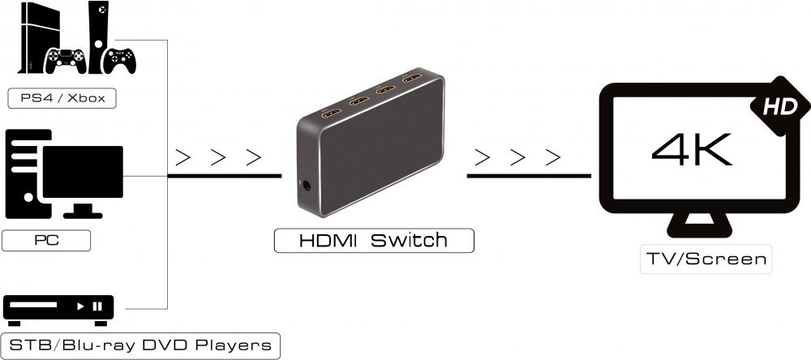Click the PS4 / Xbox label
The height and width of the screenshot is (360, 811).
coord(62,98)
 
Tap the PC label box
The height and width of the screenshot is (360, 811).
coord(46,241)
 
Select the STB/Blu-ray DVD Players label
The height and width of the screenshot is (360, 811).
coord(140,345)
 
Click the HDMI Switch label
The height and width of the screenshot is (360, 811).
coord(374,241)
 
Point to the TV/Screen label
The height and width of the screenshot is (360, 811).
coord(706,259)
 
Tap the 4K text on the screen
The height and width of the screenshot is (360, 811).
coord(693,149)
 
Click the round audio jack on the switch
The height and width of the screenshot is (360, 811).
coord(306,185)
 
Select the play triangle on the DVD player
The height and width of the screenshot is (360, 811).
coord(80,306)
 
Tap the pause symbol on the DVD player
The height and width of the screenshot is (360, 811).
coord(97,306)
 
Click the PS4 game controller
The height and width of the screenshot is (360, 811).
coord(66,61)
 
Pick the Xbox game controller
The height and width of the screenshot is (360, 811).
coord(119,61)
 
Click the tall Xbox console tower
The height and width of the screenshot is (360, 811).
coord(98,37)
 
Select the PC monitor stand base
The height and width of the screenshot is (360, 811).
coord(83,212)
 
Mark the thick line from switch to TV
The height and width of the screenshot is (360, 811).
coord(529,177)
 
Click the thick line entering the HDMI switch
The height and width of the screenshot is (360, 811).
coord(225,177)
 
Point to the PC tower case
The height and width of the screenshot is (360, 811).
coord(25,174)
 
